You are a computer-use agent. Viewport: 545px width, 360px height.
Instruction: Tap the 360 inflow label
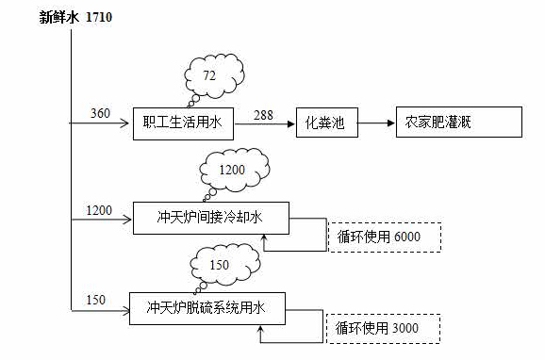click(100, 114)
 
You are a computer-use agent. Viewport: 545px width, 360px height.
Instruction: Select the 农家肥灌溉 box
click(457, 123)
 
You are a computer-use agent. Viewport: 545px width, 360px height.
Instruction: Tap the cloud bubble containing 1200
click(232, 171)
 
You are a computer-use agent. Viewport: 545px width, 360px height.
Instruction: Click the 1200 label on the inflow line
click(99, 208)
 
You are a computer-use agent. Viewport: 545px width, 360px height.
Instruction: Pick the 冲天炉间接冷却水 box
click(210, 217)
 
